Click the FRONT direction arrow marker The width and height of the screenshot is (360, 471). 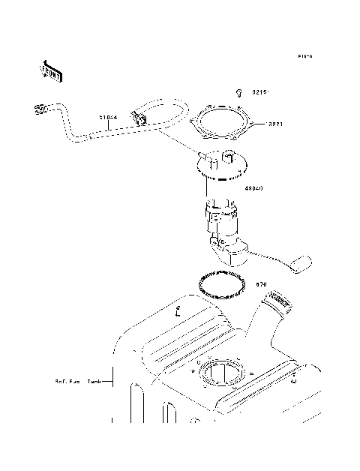coord(51,70)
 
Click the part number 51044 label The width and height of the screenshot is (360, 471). coord(109,117)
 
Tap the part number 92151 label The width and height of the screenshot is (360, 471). coord(260,92)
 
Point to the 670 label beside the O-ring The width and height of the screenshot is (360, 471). coord(262,284)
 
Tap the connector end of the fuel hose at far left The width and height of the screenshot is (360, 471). coord(40,110)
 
